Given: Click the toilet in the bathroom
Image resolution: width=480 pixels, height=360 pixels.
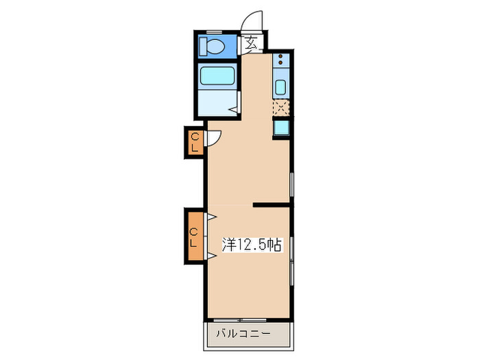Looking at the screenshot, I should [x=215, y=47].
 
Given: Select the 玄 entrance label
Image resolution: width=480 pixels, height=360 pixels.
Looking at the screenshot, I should [x=252, y=44].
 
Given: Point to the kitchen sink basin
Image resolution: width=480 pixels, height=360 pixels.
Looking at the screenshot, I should [x=280, y=87].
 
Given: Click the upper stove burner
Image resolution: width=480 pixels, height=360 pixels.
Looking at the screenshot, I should [x=280, y=56].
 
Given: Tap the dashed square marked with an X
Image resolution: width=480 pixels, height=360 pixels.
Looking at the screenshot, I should [x=280, y=107].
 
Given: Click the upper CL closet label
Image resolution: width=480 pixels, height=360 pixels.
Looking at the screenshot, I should [x=195, y=142].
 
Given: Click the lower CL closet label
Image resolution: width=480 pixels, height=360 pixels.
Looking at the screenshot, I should [x=194, y=237].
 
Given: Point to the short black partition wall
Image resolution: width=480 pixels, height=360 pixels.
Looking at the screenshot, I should [x=272, y=204].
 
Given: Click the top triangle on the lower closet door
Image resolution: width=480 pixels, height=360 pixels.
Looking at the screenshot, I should [x=213, y=217].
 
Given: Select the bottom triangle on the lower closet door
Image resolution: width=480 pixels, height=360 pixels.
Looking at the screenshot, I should [x=213, y=256].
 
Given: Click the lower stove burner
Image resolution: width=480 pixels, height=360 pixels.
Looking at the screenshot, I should [x=280, y=63].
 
